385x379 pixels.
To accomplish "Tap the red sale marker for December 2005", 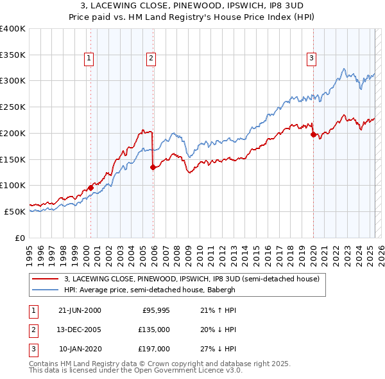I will click(153, 167).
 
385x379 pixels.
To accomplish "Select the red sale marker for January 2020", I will click(313, 134).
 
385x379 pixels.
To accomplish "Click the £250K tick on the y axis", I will click(13, 107).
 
